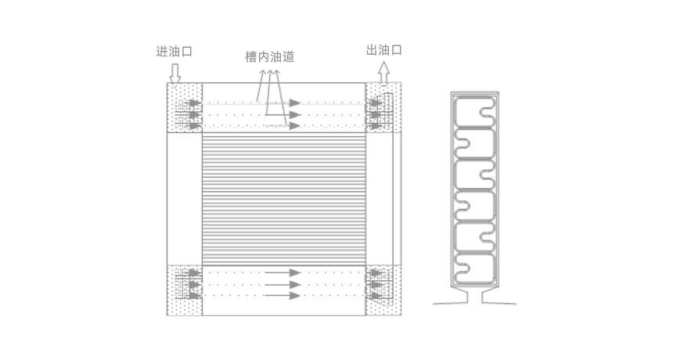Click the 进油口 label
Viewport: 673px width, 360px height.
tap(174, 52)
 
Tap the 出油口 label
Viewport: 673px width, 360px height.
tap(384, 50)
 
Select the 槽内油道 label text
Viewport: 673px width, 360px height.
tap(270, 57)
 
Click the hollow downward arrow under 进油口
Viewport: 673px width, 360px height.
tap(175, 74)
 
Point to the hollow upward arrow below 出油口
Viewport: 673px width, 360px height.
tap(383, 72)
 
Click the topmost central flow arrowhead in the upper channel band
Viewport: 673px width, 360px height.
tap(294, 103)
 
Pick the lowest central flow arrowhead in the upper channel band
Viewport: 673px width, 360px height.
tap(294, 126)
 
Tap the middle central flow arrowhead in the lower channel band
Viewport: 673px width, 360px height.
tap(295, 285)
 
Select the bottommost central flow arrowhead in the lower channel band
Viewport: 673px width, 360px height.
tap(295, 296)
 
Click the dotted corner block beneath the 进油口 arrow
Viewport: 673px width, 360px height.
tap(185, 108)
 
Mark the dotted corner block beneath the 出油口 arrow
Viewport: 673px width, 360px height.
tap(383, 108)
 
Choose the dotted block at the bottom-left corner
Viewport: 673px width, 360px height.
tap(185, 290)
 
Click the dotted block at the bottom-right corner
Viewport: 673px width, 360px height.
tap(383, 290)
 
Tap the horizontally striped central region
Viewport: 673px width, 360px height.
tap(284, 199)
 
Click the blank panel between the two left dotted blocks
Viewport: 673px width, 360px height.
tap(185, 199)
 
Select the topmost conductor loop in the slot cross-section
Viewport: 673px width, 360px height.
tap(475, 112)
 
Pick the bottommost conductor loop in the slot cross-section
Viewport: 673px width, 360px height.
tap(475, 269)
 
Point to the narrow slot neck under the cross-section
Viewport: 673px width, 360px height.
tap(475, 296)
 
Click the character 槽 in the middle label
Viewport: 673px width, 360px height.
tap(251, 57)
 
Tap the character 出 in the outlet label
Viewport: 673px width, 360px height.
tap(372, 50)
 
